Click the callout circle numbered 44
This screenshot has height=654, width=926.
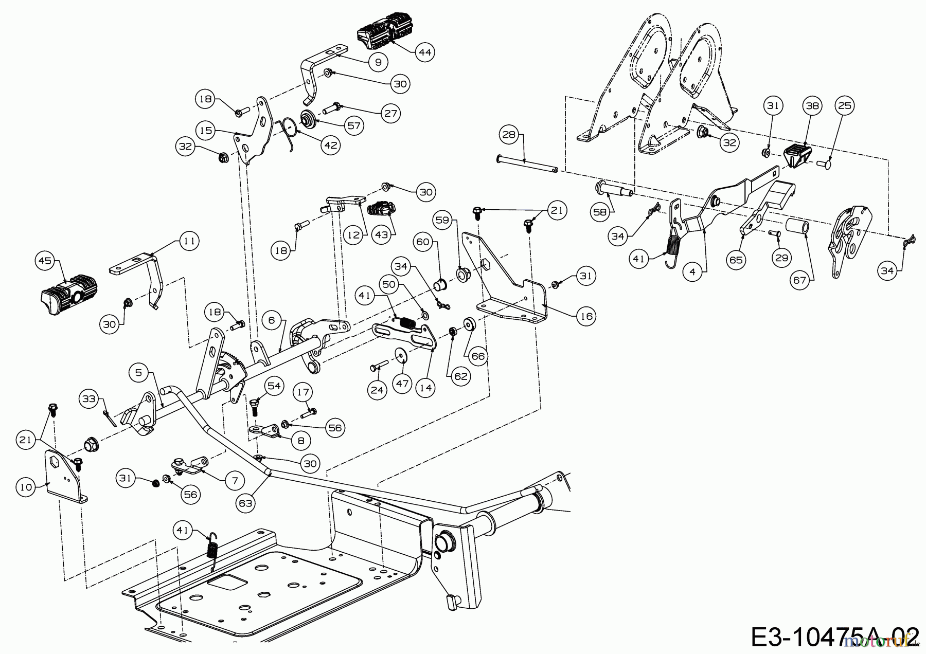point(425,52)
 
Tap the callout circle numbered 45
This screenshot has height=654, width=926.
point(45,261)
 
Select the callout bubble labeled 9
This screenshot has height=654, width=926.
point(378,62)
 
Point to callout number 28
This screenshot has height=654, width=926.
point(509,135)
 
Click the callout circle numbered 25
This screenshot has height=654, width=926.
point(844,106)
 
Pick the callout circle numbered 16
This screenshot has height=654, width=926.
point(587,316)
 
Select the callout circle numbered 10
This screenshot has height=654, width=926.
point(27,486)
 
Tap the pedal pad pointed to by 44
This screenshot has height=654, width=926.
point(384,33)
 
